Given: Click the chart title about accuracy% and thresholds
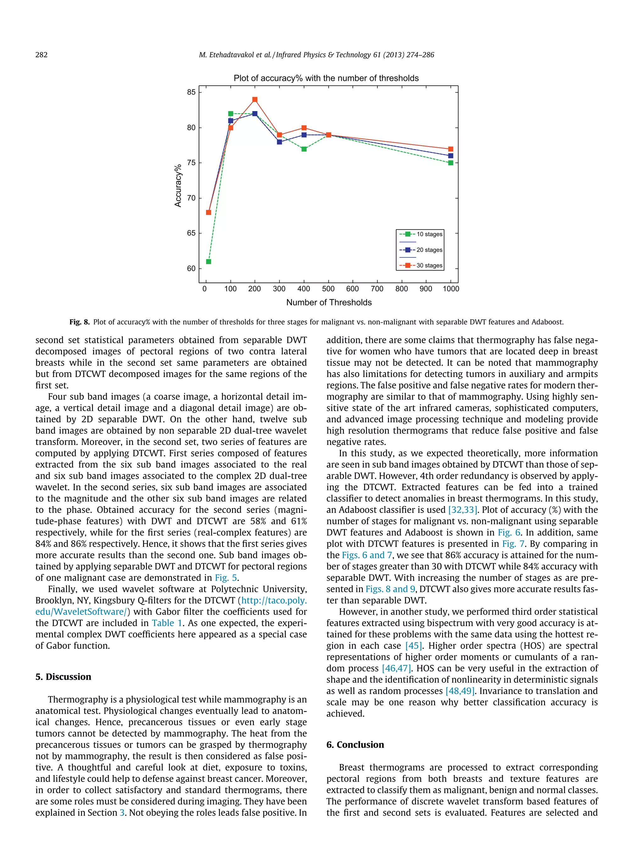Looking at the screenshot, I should point(326,78).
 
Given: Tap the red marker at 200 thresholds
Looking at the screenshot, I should point(255,100).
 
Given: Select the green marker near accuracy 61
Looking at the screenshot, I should point(208,261).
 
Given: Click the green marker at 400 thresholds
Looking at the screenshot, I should point(304,149).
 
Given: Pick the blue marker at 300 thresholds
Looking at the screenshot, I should point(279,142).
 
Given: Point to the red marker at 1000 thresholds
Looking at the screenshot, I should point(450,149).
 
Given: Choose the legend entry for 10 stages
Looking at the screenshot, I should point(420,234).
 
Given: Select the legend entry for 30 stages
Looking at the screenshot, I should point(420,265).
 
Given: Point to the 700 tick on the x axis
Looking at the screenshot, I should point(377,288).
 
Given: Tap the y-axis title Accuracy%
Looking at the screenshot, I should point(178,186).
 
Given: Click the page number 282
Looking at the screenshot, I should point(42,55).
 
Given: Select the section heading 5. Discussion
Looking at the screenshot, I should point(63,677).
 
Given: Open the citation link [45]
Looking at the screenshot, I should point(414,645).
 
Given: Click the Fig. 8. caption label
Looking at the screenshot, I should point(80,322).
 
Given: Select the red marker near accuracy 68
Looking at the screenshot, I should point(208,212).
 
